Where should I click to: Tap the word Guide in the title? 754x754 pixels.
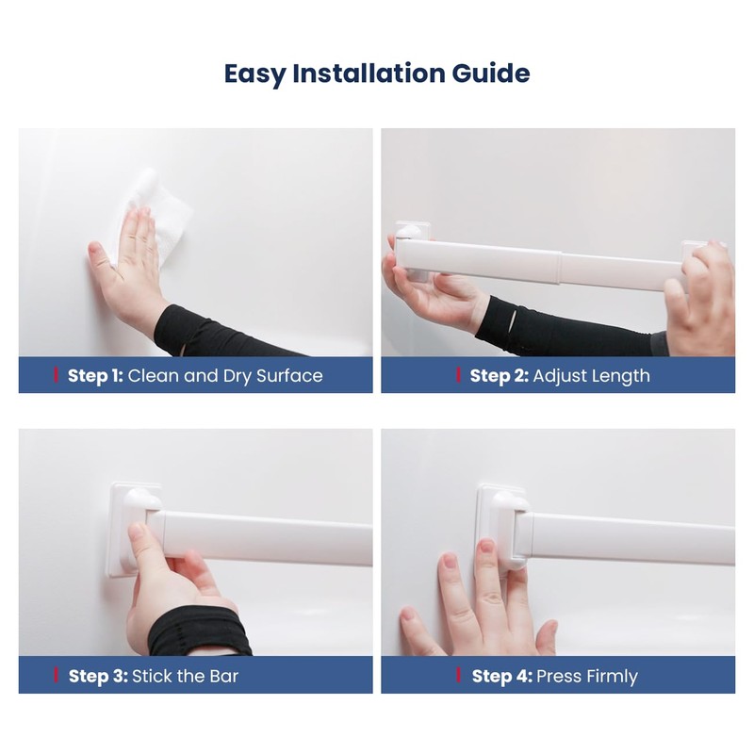[x=490, y=74]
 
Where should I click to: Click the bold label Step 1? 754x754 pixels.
[x=95, y=375]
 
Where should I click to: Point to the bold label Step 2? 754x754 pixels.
[x=499, y=375]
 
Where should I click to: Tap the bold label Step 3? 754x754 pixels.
[x=98, y=676]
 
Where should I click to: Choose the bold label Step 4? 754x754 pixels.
[x=501, y=676]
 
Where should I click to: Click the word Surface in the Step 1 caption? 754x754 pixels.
[x=289, y=375]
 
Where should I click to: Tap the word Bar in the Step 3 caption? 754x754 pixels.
[x=223, y=676]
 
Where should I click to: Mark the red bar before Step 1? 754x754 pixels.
[x=56, y=375]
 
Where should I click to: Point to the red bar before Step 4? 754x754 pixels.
[x=458, y=676]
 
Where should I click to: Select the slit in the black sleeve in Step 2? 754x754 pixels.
[x=514, y=319]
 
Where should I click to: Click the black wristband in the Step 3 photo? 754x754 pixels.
[x=199, y=631]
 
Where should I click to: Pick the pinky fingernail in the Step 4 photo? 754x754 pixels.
[x=408, y=615]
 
